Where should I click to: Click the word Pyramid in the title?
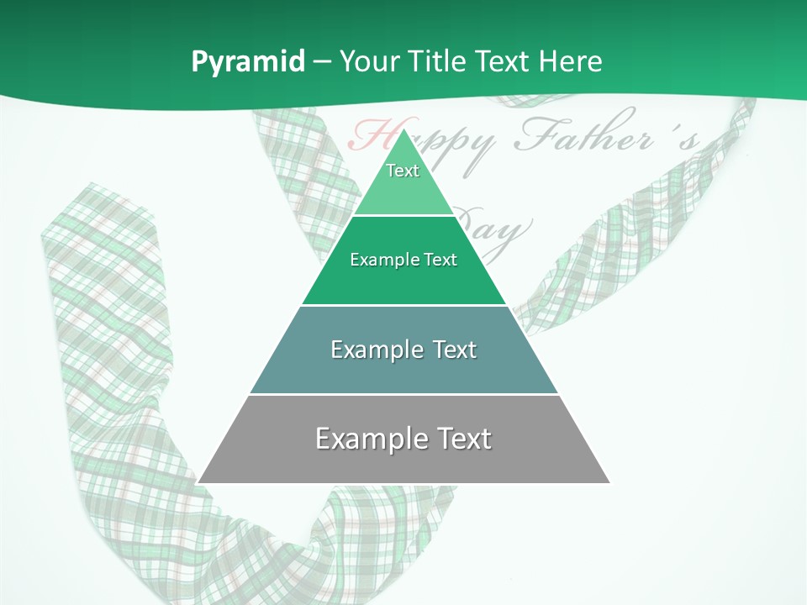247,62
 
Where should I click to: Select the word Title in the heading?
436,61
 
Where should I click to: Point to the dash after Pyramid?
322,62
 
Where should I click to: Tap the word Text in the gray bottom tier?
463,439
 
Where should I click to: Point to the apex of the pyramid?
403,129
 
